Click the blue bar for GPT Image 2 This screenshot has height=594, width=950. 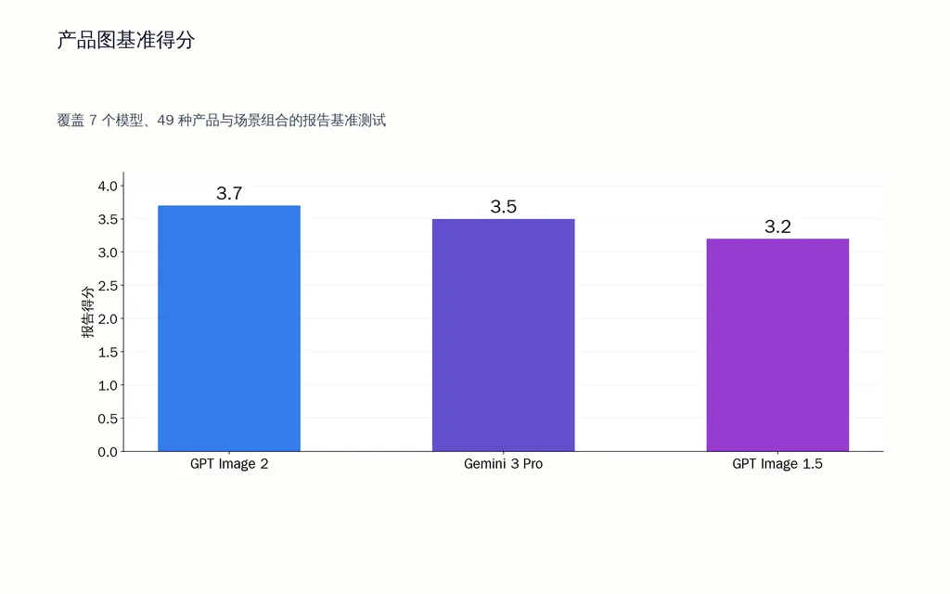click(229, 329)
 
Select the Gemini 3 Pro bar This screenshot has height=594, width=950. click(504, 335)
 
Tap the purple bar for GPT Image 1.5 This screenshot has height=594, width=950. click(778, 345)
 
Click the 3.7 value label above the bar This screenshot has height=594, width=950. click(230, 193)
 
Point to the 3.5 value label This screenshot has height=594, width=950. click(504, 207)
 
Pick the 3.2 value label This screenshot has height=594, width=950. click(778, 226)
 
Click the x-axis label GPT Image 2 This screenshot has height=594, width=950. click(229, 464)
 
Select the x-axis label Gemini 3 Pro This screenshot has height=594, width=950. click(504, 464)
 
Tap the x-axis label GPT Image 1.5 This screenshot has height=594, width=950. click(777, 464)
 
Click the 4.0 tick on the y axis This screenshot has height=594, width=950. click(108, 186)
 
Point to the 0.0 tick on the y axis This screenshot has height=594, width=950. click(108, 452)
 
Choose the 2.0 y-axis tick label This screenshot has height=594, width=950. click(108, 319)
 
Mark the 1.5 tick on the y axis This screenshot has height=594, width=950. click(108, 352)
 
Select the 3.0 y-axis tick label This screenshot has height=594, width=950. click(108, 252)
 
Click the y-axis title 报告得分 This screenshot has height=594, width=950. click(88, 312)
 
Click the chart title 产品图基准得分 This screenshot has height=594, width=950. click(126, 40)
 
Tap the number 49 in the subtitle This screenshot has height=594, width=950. click(165, 121)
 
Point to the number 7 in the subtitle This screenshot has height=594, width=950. click(94, 121)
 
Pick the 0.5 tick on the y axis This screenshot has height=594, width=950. click(108, 419)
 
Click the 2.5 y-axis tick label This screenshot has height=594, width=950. click(108, 286)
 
